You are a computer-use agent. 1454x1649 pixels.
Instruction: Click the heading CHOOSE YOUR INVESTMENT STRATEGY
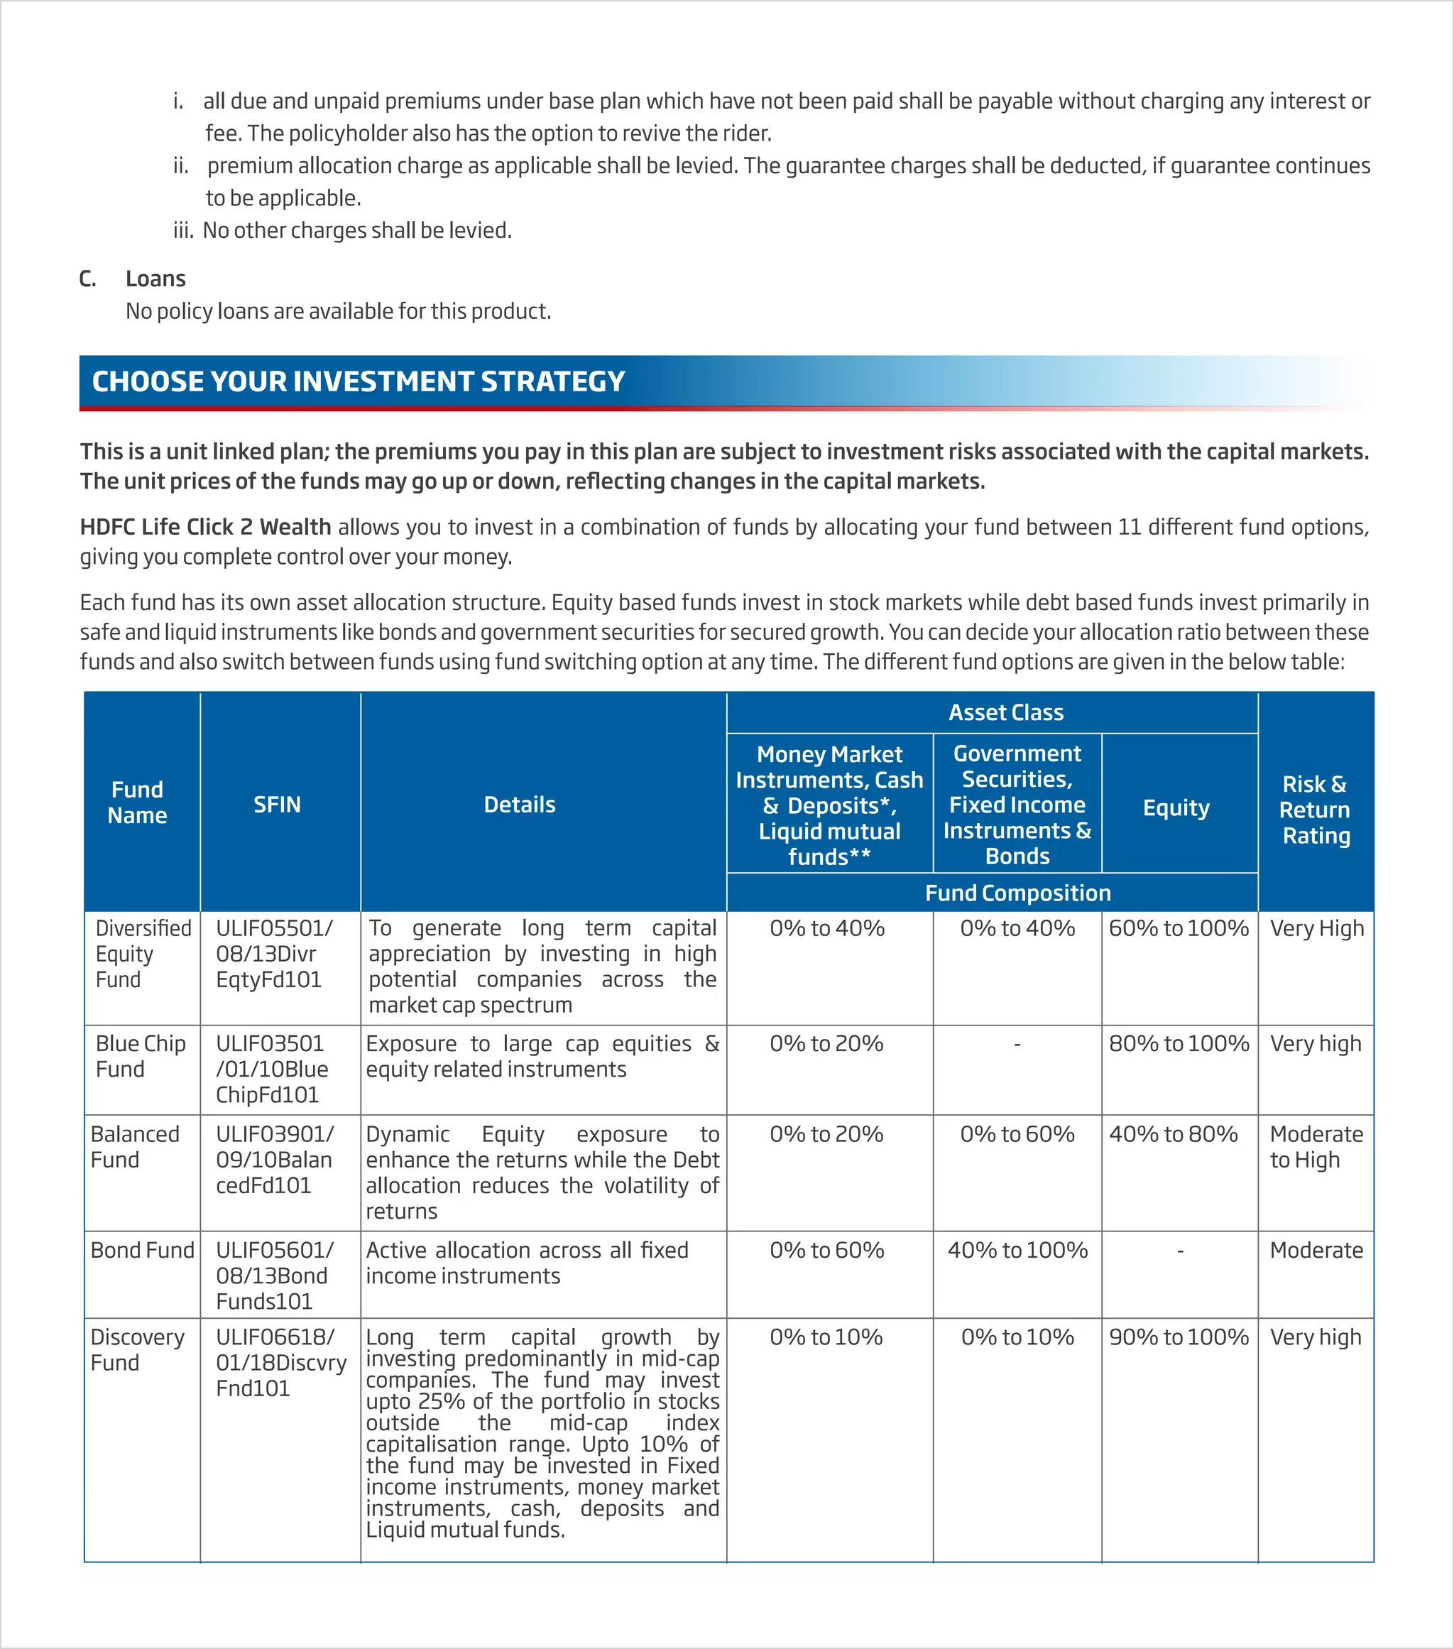[x=358, y=381]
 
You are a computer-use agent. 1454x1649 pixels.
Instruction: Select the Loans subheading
[x=155, y=279]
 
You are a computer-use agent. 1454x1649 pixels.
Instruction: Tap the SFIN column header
[x=277, y=805]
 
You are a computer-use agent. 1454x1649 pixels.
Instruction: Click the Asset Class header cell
[x=1005, y=712]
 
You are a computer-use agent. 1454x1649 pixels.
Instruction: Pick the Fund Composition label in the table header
[x=1017, y=893]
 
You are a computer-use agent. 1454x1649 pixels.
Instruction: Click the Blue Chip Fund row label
[x=141, y=1056]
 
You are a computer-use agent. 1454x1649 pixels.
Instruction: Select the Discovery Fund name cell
[x=137, y=1350]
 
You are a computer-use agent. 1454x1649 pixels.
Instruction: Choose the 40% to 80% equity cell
[x=1173, y=1134]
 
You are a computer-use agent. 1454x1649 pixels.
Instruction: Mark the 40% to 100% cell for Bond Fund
[x=1017, y=1251]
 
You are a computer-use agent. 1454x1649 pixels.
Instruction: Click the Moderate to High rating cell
[x=1316, y=1146]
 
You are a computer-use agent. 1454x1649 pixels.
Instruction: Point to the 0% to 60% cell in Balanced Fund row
[x=1017, y=1134]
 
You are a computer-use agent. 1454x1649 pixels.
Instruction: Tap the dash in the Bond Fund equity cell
[x=1180, y=1251]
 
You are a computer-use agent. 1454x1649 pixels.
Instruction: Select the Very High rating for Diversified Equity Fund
[x=1316, y=929]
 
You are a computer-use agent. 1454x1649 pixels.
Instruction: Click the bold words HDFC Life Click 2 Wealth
[x=205, y=527]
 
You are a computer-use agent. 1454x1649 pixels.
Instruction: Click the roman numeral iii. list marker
[x=183, y=231]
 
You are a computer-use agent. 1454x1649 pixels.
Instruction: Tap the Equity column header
[x=1176, y=807]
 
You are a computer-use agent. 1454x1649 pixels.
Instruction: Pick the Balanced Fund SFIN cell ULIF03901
[x=274, y=1159]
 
